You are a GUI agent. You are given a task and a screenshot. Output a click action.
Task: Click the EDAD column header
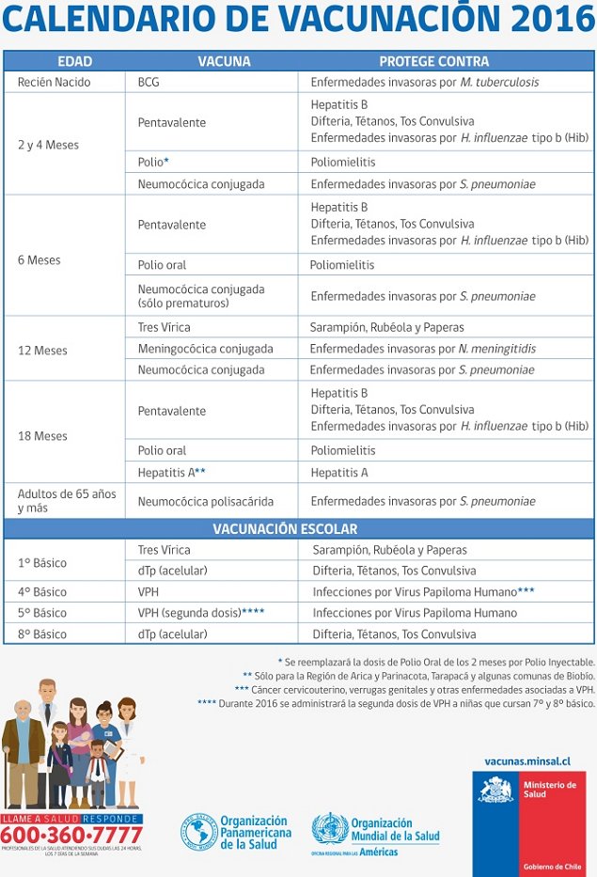(x=74, y=61)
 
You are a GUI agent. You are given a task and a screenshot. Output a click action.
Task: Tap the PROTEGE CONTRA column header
(x=433, y=61)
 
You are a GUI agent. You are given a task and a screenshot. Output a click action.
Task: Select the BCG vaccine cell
(x=149, y=82)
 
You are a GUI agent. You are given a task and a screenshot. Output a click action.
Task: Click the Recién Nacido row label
(x=55, y=82)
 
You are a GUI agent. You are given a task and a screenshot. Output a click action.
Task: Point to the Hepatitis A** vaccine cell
(x=172, y=472)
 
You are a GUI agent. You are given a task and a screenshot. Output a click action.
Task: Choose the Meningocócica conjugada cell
(x=205, y=349)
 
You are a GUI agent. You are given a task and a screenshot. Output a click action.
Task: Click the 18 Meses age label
(x=42, y=436)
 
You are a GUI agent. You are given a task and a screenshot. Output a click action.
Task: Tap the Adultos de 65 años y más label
(x=66, y=500)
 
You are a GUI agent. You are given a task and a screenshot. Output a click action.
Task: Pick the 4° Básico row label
(x=42, y=592)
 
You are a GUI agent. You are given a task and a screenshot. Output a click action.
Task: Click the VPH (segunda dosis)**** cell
(x=200, y=613)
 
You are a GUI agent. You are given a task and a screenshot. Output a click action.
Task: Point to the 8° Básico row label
(x=42, y=634)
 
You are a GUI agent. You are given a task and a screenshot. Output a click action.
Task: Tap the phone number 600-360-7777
(x=71, y=835)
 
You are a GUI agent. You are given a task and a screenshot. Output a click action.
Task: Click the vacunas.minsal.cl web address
(x=527, y=761)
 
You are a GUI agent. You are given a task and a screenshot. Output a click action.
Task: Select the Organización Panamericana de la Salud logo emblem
(x=199, y=832)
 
